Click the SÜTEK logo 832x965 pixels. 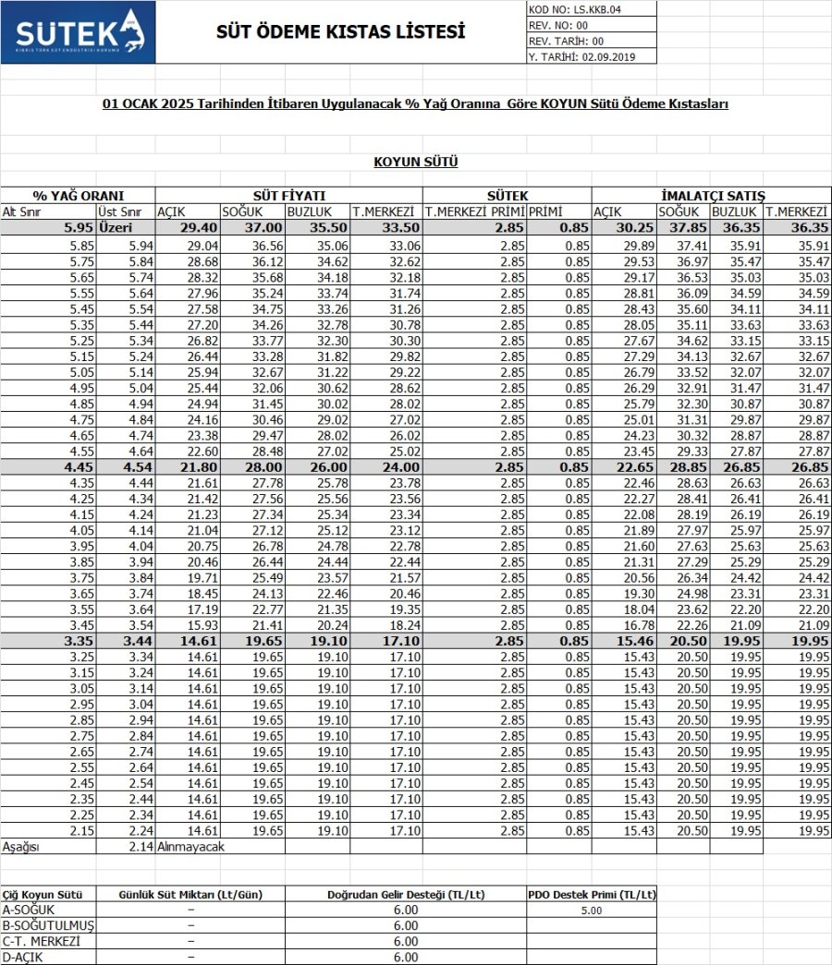coord(78,32)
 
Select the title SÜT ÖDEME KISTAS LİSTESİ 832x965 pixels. coord(340,32)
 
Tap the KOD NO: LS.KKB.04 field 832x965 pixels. coord(576,9)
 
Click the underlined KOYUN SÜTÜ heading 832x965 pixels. coord(416,163)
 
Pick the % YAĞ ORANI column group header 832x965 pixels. coord(78,196)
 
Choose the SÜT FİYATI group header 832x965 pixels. coord(288,196)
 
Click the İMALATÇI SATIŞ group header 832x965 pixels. coord(713,196)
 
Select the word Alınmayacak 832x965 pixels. coord(191,846)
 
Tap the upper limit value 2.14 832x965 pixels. coord(140,846)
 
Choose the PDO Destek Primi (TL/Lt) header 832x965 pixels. coord(592,895)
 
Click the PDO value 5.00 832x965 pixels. coord(592,911)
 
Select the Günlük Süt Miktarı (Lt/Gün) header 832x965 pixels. coord(190,895)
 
